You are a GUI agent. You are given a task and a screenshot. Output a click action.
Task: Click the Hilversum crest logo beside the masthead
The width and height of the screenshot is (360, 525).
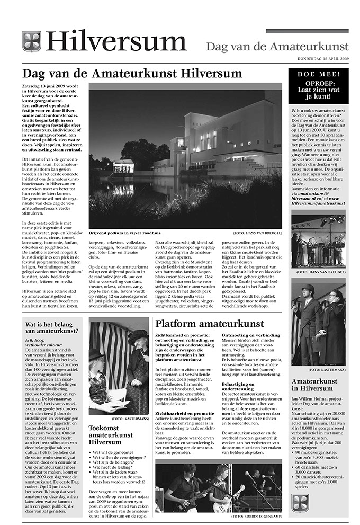click(x=31, y=42)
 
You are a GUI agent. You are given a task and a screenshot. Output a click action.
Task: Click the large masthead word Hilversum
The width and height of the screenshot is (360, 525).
click(x=116, y=42)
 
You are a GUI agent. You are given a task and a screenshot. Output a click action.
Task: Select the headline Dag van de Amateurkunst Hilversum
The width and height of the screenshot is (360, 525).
click(x=132, y=73)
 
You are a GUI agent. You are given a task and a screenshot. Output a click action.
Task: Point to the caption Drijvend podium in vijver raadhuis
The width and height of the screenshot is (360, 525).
click(x=125, y=233)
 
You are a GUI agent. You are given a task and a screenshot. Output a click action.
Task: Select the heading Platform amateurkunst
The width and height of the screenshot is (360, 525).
click(x=209, y=324)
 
